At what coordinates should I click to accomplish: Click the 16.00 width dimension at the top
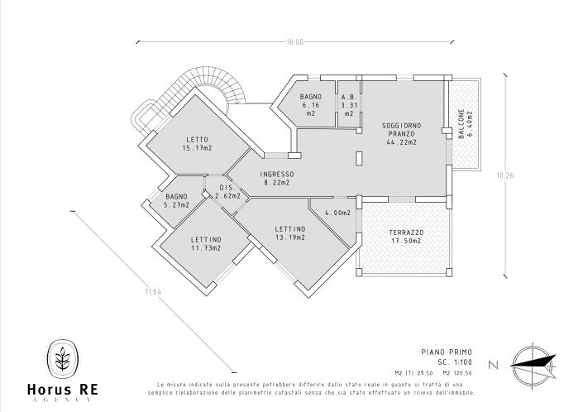coord(295,41)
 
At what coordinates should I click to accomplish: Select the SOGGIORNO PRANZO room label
coord(401,133)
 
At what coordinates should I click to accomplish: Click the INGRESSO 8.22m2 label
coord(276,178)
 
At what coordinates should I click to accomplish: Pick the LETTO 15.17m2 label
coord(197,143)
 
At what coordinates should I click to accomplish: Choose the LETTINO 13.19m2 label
coord(290,232)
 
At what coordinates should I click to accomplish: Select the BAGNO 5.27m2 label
coord(176,200)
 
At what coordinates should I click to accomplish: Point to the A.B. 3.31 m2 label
coord(348,105)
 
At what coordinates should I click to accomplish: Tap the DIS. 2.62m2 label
coord(226,192)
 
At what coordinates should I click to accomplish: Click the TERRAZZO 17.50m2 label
coord(406,237)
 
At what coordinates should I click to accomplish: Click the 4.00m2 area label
coord(337,213)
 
